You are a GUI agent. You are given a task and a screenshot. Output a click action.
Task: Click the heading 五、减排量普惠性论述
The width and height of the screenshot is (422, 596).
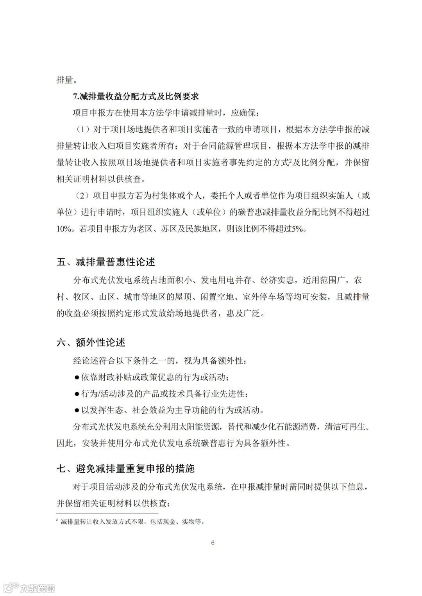(x=106, y=262)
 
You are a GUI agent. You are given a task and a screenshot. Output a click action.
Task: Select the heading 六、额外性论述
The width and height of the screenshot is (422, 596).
(x=91, y=342)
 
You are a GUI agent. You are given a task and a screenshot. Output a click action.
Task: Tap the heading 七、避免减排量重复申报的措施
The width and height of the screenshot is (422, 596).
(x=125, y=468)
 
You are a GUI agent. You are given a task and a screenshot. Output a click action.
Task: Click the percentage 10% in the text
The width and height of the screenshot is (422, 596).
(x=64, y=230)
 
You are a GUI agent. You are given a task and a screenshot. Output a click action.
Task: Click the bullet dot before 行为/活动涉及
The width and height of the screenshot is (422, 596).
(x=77, y=394)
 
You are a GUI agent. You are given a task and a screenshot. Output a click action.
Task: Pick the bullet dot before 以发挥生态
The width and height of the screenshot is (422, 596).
(x=77, y=410)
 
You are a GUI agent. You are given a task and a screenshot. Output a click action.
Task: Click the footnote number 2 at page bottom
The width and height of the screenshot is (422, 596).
(x=57, y=520)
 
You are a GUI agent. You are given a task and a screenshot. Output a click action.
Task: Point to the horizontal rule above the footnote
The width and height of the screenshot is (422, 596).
(x=107, y=513)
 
